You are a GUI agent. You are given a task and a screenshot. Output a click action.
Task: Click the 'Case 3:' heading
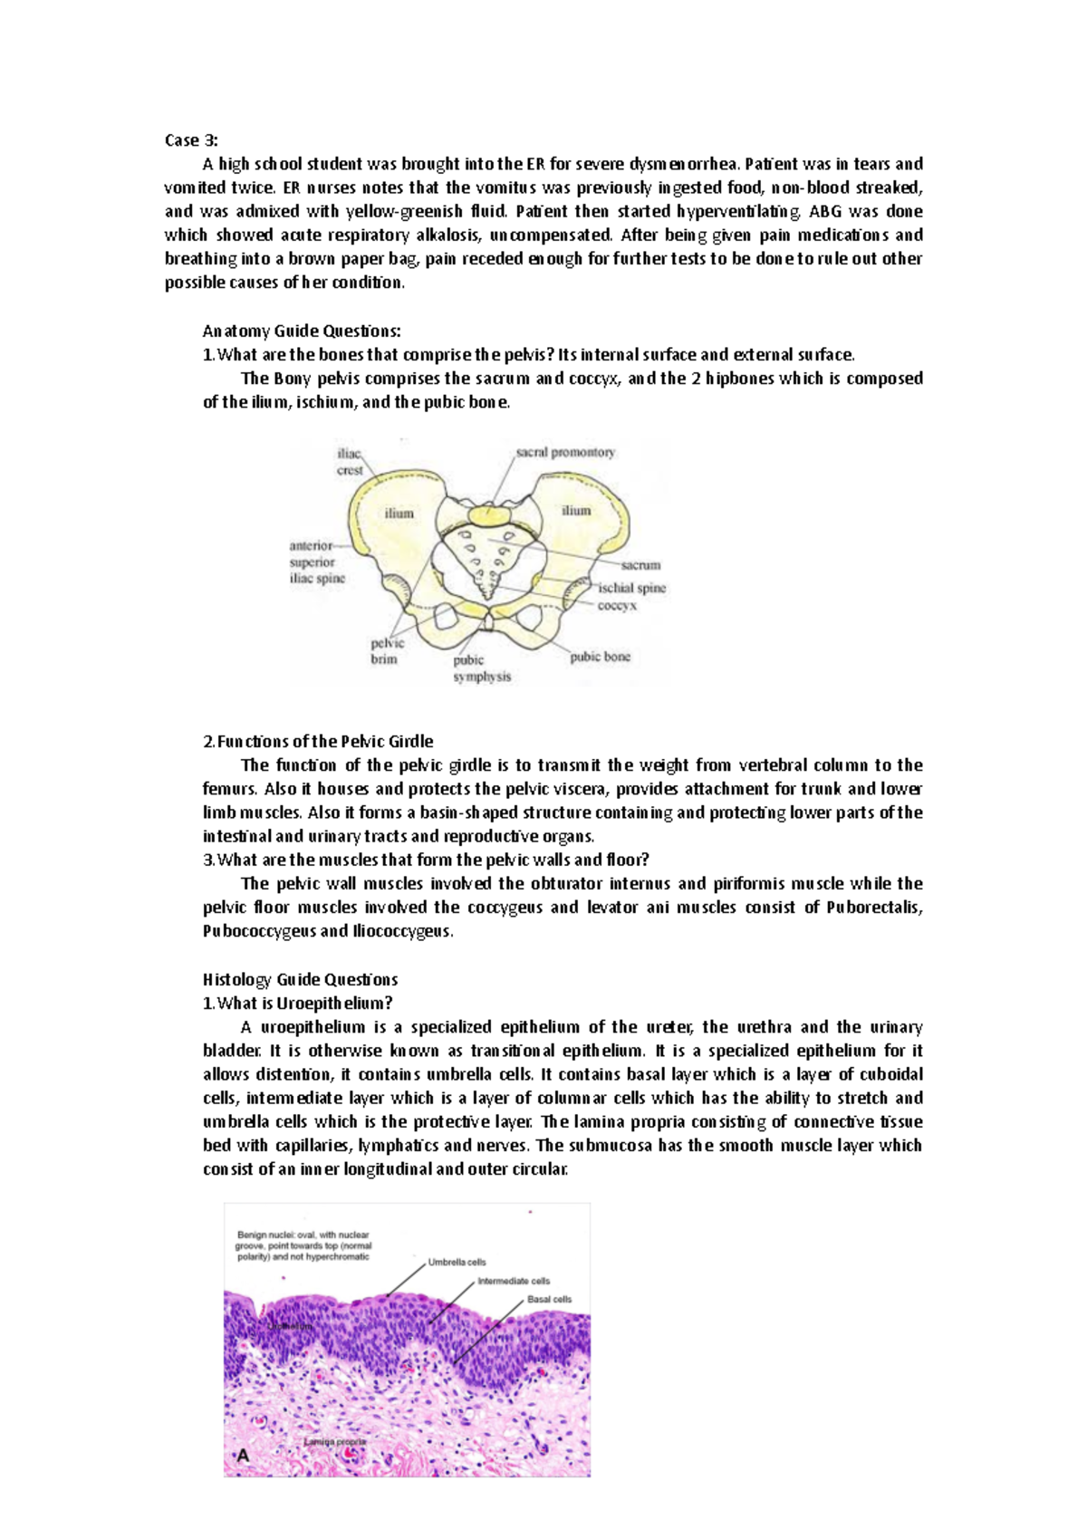click(190, 140)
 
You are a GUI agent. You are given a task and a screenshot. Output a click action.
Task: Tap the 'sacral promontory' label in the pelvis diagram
click(565, 452)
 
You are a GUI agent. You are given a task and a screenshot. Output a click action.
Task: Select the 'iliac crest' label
click(350, 462)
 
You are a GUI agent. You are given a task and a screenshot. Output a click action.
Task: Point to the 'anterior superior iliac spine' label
click(317, 562)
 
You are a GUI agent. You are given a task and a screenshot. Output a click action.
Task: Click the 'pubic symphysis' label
click(482, 668)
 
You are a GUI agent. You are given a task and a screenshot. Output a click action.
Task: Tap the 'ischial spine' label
click(631, 588)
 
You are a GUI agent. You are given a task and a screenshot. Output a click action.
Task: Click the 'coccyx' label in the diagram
click(617, 605)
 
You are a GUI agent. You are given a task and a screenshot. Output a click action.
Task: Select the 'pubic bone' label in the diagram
click(600, 657)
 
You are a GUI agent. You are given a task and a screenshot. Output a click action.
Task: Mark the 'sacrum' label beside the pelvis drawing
click(640, 564)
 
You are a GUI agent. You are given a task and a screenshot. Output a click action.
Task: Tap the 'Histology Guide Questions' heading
click(300, 979)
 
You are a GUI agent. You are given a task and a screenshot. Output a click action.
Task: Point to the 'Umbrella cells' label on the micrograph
click(457, 1262)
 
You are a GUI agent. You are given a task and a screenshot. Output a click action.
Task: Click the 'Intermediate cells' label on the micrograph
click(514, 1281)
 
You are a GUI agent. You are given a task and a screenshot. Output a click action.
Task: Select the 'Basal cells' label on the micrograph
click(549, 1299)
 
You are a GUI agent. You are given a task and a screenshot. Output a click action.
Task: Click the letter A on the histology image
click(242, 1457)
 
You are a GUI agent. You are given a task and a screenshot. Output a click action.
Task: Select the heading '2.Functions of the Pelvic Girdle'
click(318, 741)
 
